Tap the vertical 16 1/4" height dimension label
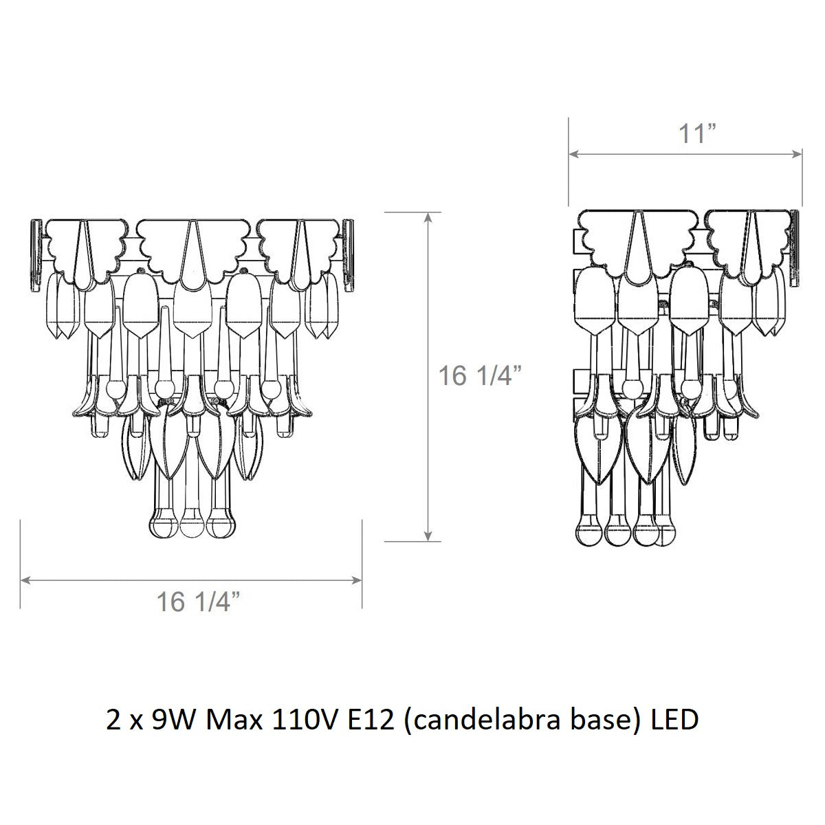point(481,375)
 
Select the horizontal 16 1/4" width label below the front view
point(198,602)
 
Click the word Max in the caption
point(234,720)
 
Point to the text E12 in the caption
point(370,720)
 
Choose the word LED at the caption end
point(675,720)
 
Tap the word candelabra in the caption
point(481,720)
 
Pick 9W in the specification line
point(173,720)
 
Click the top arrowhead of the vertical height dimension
point(428,217)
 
